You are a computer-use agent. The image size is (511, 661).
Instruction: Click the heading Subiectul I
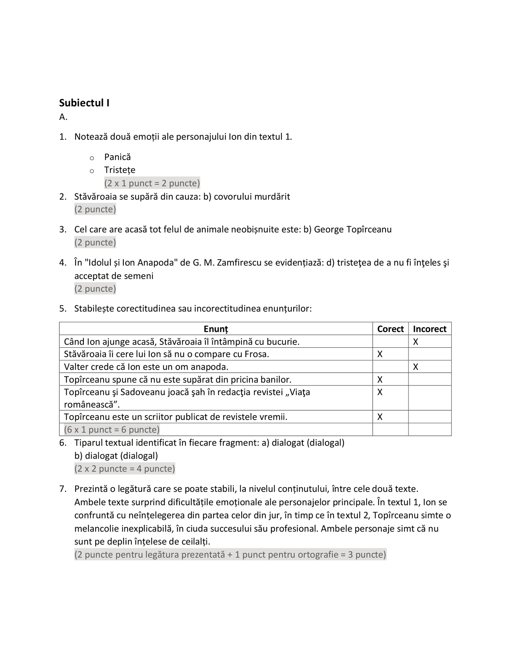coord(84,103)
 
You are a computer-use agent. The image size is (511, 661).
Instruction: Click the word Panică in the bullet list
coord(117,157)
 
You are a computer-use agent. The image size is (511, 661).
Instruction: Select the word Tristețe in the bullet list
coord(120,170)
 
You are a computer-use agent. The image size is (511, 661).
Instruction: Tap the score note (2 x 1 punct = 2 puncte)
coord(152,183)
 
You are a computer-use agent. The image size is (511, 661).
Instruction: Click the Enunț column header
coord(216,329)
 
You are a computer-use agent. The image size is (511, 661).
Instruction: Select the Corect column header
coord(390,329)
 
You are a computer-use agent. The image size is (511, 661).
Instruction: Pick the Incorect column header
coord(430,329)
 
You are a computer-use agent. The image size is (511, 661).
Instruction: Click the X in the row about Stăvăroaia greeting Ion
coord(416,342)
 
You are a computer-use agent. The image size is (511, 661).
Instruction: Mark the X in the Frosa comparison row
coord(380,354)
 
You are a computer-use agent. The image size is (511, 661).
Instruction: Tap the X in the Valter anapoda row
coord(416,367)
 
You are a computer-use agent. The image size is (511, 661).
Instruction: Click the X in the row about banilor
coord(380,379)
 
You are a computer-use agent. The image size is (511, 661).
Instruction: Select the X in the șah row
coord(380,392)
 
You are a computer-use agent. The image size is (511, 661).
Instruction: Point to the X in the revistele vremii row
coord(380,417)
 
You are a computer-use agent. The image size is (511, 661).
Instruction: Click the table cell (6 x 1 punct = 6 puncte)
coord(112,430)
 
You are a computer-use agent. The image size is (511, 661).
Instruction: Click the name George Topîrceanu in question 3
coord(353,230)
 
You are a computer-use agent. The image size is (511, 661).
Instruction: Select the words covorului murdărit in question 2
coord(252,197)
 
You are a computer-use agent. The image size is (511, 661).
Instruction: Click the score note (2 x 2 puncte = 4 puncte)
coord(124,469)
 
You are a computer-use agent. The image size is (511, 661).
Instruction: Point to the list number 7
coord(63,489)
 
